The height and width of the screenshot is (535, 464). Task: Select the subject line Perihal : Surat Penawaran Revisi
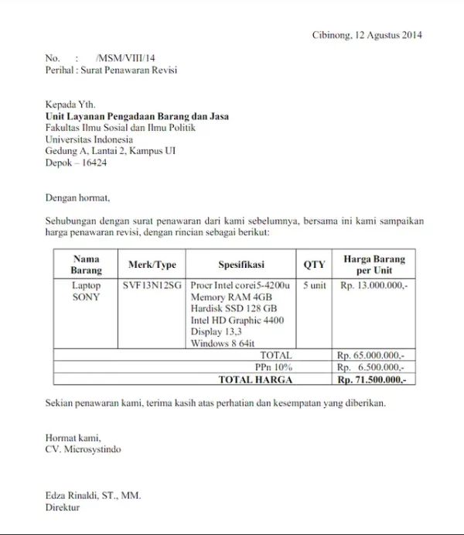pyautogui.click(x=111, y=70)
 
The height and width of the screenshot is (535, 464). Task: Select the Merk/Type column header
pyautogui.click(x=152, y=265)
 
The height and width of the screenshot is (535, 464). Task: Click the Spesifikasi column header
pyautogui.click(x=241, y=265)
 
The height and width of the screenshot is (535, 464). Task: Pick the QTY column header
pyautogui.click(x=314, y=265)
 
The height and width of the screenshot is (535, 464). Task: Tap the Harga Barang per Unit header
pyautogui.click(x=374, y=265)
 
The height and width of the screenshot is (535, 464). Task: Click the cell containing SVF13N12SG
pyautogui.click(x=152, y=286)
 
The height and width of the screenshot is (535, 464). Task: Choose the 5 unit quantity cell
pyautogui.click(x=314, y=286)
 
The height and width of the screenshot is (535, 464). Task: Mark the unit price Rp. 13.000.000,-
pyautogui.click(x=374, y=286)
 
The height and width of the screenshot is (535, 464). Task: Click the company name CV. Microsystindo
pyautogui.click(x=83, y=448)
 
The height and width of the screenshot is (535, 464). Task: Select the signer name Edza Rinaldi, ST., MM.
pyautogui.click(x=93, y=496)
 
